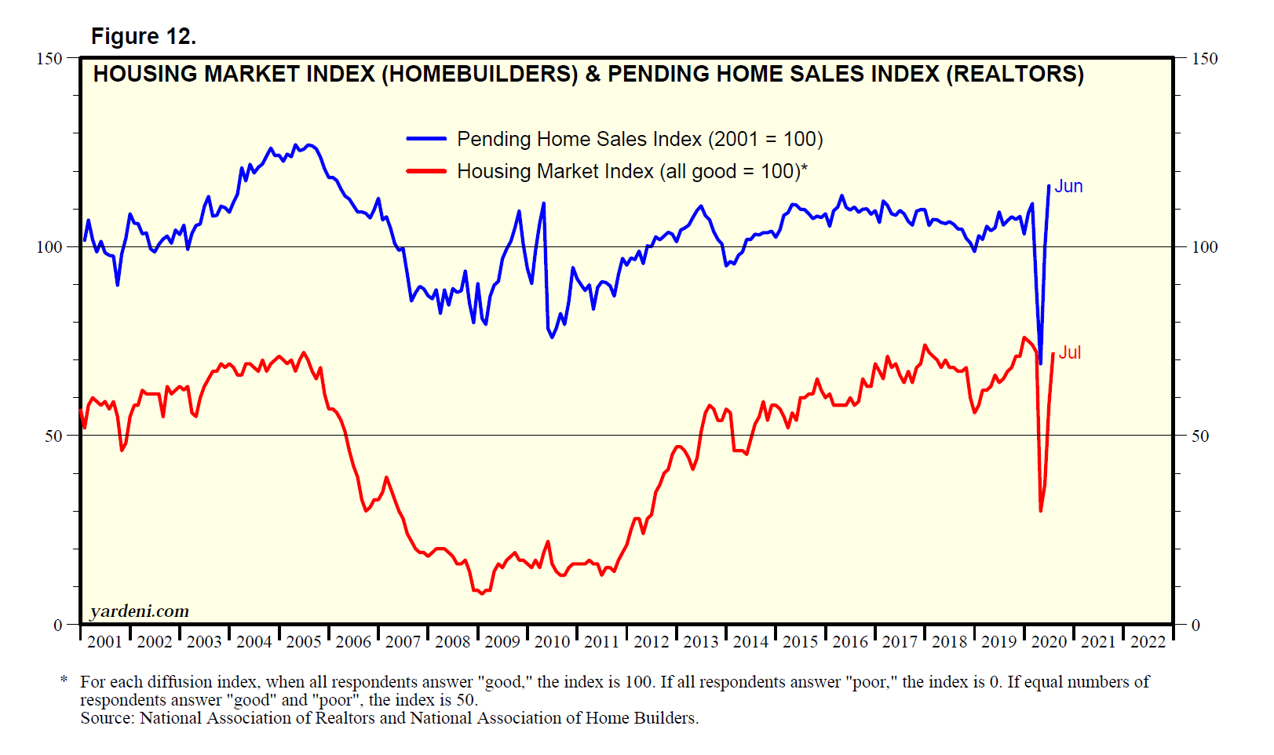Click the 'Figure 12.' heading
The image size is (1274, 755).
pyautogui.click(x=144, y=36)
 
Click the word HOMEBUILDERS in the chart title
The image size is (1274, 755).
pyautogui.click(x=480, y=74)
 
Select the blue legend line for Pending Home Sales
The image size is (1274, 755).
pyautogui.click(x=426, y=139)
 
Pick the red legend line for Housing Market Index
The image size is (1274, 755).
pyautogui.click(x=426, y=171)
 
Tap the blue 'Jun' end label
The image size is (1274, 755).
pyautogui.click(x=1068, y=186)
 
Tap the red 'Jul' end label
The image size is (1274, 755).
pyautogui.click(x=1070, y=352)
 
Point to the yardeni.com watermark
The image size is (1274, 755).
pyautogui.click(x=139, y=611)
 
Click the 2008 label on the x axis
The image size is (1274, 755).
pyautogui.click(x=452, y=642)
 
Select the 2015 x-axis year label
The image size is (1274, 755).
pyautogui.click(x=800, y=642)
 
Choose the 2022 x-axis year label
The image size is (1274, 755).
pyautogui.click(x=1148, y=642)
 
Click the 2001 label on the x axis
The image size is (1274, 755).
pyautogui.click(x=104, y=642)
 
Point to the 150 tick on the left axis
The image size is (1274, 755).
pyautogui.click(x=49, y=58)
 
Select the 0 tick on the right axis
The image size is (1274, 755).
pyautogui.click(x=1196, y=626)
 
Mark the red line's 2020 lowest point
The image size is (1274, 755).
pyautogui.click(x=1041, y=511)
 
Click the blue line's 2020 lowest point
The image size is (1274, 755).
pyautogui.click(x=1041, y=363)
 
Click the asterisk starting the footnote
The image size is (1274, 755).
pyautogui.click(x=64, y=680)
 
